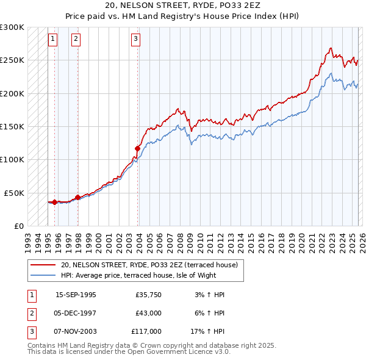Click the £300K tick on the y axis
[x=12, y=27]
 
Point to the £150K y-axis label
[x=12, y=127]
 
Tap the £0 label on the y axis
[x=18, y=226]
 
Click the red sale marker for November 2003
[x=137, y=148]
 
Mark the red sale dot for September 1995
[x=55, y=202]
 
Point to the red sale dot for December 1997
[x=77, y=197]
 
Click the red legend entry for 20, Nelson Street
[x=152, y=265]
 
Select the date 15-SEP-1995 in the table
[x=76, y=295]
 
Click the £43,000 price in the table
[x=148, y=313]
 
